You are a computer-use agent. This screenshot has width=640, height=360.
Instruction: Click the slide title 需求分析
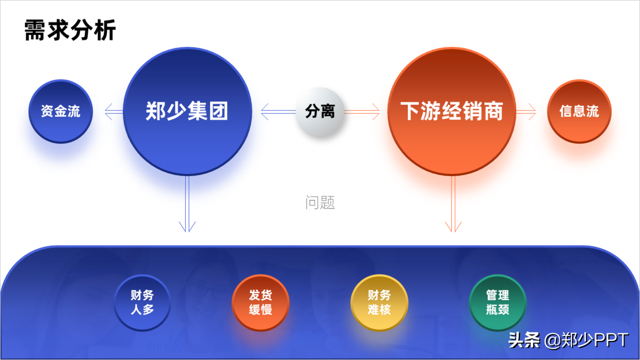(70, 30)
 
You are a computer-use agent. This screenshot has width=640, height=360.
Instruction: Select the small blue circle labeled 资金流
(60, 111)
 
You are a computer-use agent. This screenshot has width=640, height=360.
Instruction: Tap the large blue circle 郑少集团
(187, 111)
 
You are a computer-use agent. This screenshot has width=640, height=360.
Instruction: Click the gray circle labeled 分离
(320, 111)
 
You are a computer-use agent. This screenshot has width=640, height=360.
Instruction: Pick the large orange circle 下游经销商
(452, 111)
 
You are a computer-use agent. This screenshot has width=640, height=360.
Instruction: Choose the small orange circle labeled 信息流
(579, 111)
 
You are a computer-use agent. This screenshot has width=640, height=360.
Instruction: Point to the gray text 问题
(320, 203)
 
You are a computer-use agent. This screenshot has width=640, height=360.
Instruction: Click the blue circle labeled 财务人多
(142, 303)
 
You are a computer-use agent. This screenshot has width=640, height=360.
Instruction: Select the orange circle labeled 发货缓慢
(261, 303)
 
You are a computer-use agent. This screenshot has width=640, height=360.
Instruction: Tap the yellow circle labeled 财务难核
(379, 303)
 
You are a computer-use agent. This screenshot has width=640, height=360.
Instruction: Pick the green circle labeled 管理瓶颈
(498, 303)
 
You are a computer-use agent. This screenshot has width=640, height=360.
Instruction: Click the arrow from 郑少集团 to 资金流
(114, 111)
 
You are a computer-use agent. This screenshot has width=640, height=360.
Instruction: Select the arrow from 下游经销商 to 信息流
(526, 111)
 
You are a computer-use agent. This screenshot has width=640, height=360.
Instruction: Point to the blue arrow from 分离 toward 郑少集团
(278, 111)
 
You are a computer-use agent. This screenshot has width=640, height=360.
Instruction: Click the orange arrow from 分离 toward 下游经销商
(362, 111)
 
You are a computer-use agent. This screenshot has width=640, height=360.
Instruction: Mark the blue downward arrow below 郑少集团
(187, 204)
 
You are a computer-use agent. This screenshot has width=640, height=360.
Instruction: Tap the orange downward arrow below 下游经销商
(453, 204)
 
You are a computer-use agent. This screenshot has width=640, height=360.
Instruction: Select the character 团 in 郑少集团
(218, 111)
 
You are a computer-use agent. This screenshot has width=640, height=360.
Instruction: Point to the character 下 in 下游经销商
(410, 111)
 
